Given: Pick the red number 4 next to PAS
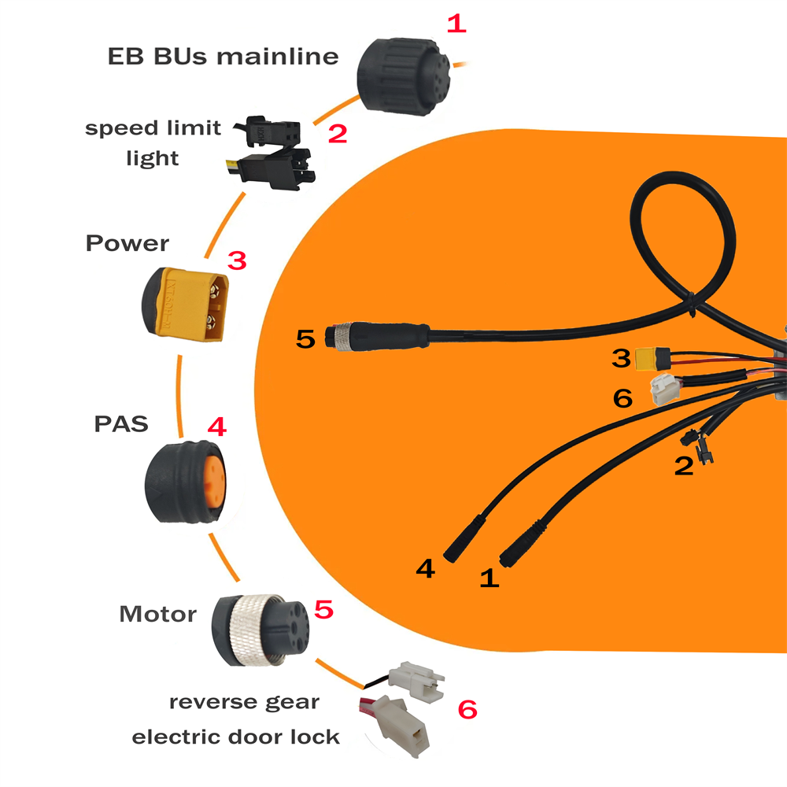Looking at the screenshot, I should (216, 427).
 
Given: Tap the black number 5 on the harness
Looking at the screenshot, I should (306, 339).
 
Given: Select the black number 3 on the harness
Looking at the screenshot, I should (623, 358).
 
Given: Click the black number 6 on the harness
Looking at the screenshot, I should (623, 397).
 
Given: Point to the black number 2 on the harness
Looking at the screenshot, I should (684, 465).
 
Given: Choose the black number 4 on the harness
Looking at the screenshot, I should (425, 567).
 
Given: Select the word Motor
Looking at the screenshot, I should (157, 614).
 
